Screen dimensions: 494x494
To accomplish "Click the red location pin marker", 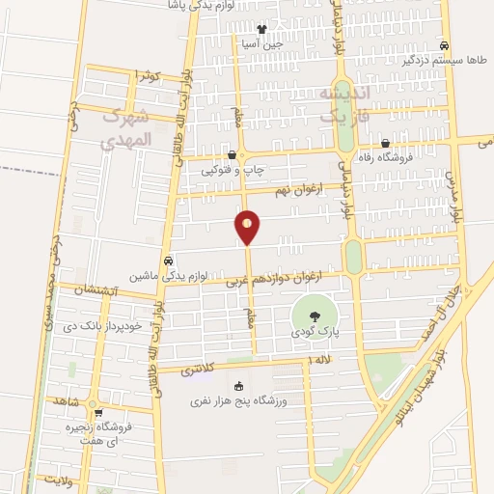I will coord(248,227).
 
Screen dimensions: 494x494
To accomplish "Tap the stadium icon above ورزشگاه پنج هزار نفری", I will coord(238,386).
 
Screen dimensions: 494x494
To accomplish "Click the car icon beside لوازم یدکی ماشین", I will coord(169,261).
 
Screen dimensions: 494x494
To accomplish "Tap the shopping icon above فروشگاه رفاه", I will coord(385,144).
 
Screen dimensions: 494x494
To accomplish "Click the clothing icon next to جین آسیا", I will coord(261,29).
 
